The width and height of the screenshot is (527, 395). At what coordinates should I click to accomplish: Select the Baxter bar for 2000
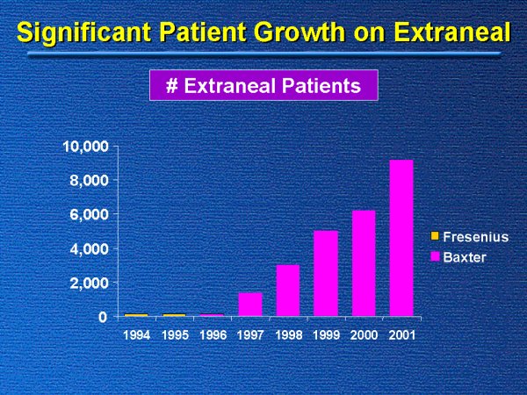(x=363, y=262)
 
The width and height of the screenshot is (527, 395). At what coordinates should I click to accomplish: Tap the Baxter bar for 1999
(x=325, y=273)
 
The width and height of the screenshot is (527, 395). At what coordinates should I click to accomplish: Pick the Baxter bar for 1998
(x=287, y=290)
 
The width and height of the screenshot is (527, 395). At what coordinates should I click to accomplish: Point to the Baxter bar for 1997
(x=249, y=304)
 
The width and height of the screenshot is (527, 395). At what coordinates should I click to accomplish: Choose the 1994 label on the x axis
(x=136, y=334)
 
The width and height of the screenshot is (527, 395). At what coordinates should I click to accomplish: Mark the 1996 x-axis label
(x=212, y=334)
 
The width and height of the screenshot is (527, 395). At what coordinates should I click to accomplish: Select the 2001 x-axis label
(x=401, y=334)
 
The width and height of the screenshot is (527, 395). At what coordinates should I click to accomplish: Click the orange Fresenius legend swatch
(x=435, y=237)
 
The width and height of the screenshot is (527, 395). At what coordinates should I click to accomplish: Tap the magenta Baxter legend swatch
(x=435, y=255)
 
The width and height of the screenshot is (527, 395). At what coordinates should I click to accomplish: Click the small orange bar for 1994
(x=136, y=314)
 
